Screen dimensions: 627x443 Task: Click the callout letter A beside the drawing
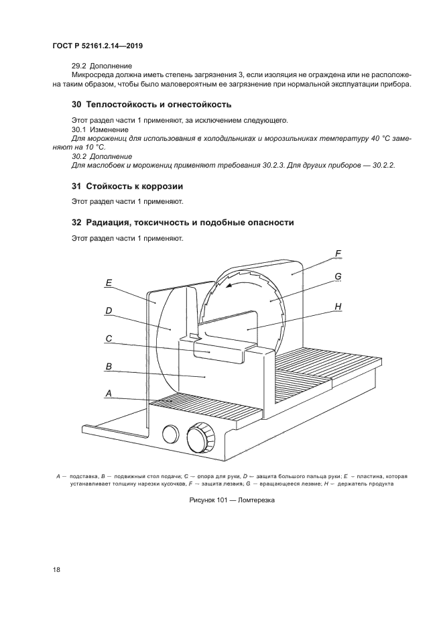coord(108,394)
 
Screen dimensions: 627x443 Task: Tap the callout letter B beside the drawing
coord(108,367)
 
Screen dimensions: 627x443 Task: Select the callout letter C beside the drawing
coord(108,339)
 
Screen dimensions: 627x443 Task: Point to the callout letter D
coord(108,310)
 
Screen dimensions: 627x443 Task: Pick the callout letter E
coord(108,283)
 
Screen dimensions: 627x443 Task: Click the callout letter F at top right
coord(338,253)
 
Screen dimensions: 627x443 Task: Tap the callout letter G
coord(338,276)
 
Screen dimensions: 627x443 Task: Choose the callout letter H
coord(338,306)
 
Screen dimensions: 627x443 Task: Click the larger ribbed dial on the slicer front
coord(198,439)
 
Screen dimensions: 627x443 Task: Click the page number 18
coord(56,569)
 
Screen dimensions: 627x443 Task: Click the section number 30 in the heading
coord(76,105)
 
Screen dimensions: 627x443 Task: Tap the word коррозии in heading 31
coord(160,186)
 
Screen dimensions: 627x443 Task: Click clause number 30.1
coord(79,129)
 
